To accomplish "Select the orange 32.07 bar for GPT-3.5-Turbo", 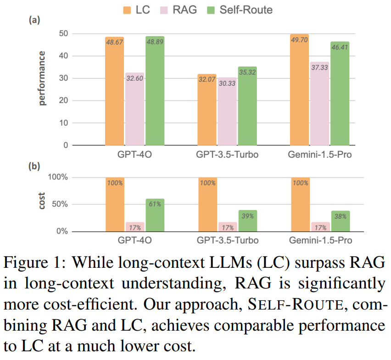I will click(x=207, y=110).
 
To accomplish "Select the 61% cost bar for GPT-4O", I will click(x=155, y=215).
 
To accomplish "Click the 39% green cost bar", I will click(x=247, y=221).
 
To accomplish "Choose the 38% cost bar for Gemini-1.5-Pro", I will click(x=340, y=221).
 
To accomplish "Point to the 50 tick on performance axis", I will click(x=62, y=34).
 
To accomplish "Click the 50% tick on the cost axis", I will click(x=59, y=205).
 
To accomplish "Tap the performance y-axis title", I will click(x=42, y=78).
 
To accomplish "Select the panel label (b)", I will click(x=34, y=166).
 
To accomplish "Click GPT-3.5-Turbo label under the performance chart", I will click(x=227, y=155).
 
